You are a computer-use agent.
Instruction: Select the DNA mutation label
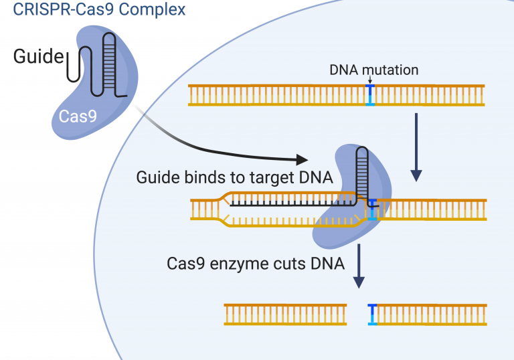pyautogui.click(x=373, y=70)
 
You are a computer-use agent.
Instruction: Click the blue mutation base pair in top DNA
pyautogui.click(x=370, y=95)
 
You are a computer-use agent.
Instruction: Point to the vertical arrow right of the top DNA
pyautogui.click(x=416, y=147)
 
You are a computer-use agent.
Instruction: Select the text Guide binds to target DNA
pyautogui.click(x=236, y=177)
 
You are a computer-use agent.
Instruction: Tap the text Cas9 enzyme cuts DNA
pyautogui.click(x=256, y=263)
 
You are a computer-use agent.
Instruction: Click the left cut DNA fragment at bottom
pyautogui.click(x=285, y=314)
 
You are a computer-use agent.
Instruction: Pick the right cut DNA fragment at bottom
pyautogui.click(x=428, y=314)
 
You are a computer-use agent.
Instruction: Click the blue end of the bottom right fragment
pyautogui.click(x=372, y=314)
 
